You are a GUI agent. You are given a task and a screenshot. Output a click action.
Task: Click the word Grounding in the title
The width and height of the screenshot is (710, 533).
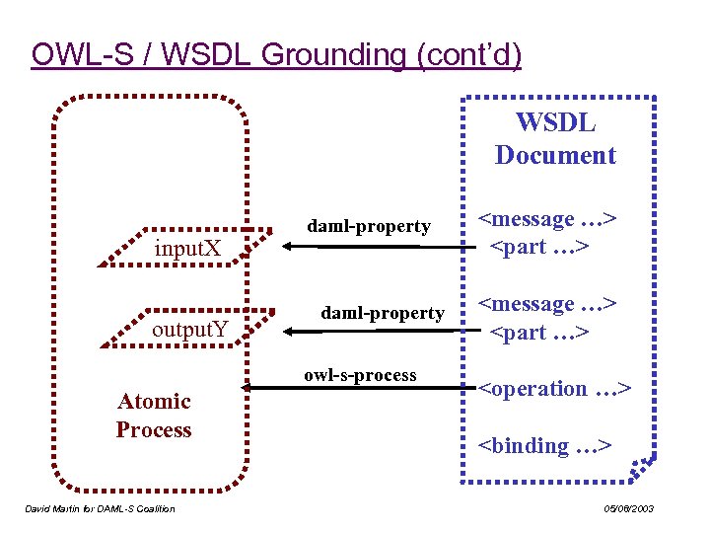pos(332,55)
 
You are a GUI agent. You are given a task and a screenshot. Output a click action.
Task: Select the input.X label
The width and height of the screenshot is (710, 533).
pos(187,247)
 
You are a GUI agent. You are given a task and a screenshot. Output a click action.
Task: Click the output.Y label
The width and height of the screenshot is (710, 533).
pos(190,329)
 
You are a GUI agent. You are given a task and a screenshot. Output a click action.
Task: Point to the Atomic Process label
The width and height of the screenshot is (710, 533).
pos(154,416)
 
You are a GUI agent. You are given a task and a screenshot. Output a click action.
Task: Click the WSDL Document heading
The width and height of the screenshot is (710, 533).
pos(555,139)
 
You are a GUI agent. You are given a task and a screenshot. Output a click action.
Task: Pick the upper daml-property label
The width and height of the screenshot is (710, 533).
pos(369,226)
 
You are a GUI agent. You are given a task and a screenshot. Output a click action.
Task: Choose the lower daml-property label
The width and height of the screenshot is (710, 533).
pos(383,313)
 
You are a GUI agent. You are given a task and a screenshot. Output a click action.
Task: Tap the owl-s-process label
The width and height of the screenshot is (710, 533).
pos(360,375)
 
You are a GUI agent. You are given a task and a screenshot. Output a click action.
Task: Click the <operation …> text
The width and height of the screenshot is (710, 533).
pos(554,389)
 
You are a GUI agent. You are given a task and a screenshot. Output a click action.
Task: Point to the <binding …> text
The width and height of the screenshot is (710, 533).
pos(544,446)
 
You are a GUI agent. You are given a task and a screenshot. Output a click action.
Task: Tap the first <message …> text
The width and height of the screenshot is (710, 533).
pos(547,219)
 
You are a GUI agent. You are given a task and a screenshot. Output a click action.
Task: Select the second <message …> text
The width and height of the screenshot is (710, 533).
pos(547,305)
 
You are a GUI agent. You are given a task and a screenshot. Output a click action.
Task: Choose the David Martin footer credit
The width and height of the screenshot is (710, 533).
pos(99,508)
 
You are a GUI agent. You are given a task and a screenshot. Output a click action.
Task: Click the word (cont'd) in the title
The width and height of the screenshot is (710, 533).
pos(469,55)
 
